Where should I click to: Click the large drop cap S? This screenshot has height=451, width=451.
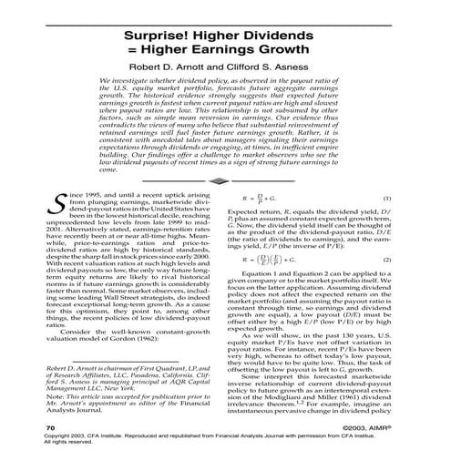coord(62,182)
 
